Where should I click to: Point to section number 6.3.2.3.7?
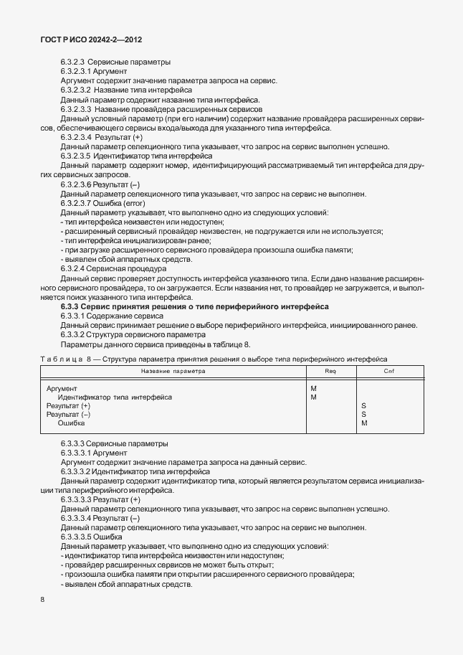tap(78, 203)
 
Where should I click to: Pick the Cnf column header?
tap(389, 371)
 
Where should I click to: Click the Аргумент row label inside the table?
tap(62, 388)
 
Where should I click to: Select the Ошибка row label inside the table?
tap(72, 423)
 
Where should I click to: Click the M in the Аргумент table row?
tap(314, 388)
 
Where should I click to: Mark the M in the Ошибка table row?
tap(365, 423)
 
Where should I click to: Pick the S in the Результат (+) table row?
tap(364, 405)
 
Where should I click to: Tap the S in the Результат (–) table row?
tap(364, 414)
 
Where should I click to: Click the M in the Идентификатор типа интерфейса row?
tap(314, 397)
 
